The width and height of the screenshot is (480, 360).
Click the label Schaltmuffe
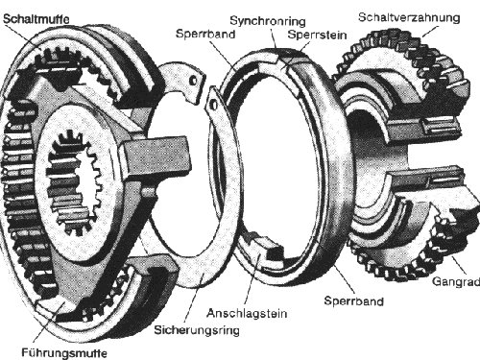tap(36, 19)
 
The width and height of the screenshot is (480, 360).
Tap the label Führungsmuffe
tap(64, 353)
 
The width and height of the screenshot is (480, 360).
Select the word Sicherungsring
tap(197, 330)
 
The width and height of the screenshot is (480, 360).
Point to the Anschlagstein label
tap(247, 313)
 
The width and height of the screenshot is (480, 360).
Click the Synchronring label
tap(268, 21)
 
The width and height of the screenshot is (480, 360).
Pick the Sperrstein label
tap(317, 35)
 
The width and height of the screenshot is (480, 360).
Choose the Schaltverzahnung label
tap(409, 17)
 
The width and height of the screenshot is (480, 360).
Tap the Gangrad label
tap(456, 281)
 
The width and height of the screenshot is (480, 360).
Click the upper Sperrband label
tap(205, 34)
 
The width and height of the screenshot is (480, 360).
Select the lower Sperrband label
tap(354, 301)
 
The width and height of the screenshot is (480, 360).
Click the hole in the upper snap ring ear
tap(194, 81)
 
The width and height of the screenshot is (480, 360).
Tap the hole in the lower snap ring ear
tap(214, 105)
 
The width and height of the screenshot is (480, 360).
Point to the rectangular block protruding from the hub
tap(155, 156)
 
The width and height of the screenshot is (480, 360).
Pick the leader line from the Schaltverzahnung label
tap(430, 32)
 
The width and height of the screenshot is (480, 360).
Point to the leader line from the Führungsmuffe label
tap(50, 324)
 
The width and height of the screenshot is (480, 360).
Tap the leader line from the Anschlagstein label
tap(252, 280)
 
